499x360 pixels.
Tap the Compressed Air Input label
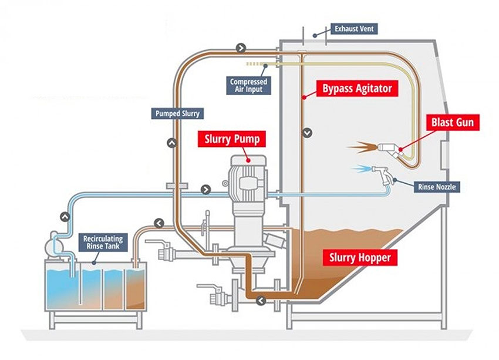point(248,86)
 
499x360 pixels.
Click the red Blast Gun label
point(452,123)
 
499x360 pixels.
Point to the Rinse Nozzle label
point(436,187)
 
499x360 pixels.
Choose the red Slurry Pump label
point(231,139)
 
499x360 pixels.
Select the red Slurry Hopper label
point(360,257)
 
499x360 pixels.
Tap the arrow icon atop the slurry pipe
point(241,46)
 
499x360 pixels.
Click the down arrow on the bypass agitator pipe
point(307,133)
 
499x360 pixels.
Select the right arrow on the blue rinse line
point(205,189)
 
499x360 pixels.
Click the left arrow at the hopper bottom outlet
point(260,301)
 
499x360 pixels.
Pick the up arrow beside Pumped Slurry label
point(171,142)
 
